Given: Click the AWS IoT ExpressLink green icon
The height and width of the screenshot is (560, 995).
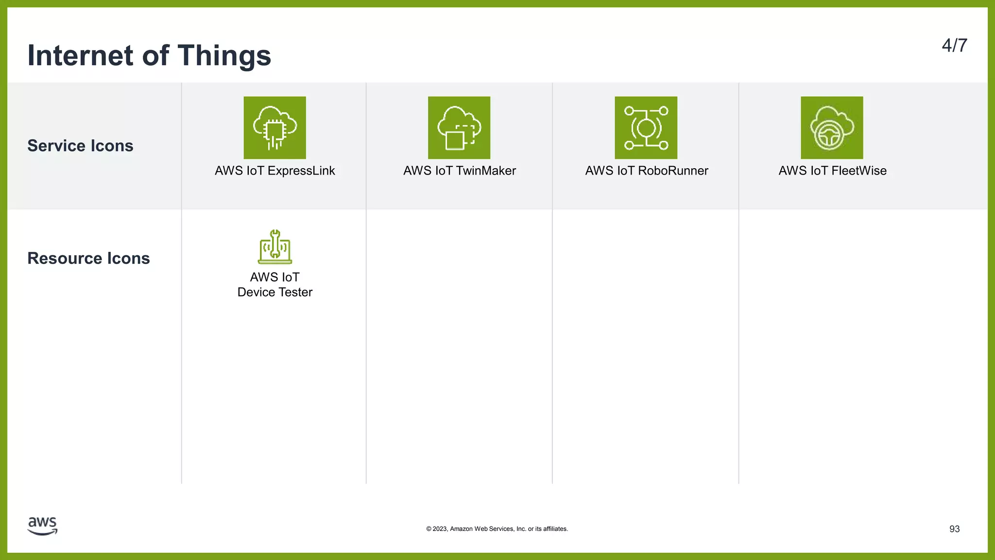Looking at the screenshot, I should [x=274, y=127].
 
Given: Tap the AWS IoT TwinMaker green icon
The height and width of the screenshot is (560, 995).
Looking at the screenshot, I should [x=459, y=127].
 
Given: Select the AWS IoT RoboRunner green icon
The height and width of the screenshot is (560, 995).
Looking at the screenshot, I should [x=646, y=127].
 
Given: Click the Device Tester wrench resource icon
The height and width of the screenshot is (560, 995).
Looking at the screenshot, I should [x=274, y=247].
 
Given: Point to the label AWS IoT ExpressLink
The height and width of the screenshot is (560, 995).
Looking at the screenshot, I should [x=274, y=171].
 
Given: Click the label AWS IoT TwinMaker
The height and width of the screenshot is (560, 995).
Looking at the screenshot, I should [x=459, y=171].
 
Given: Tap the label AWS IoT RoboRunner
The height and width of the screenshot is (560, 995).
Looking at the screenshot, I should [x=646, y=171].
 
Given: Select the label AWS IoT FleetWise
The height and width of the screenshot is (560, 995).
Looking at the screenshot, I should [x=832, y=171].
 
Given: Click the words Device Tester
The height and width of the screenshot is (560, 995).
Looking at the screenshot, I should [x=274, y=292].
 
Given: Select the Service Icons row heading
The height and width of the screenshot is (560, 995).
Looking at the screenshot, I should [x=80, y=146].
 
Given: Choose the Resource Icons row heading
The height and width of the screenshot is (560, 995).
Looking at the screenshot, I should [x=88, y=258].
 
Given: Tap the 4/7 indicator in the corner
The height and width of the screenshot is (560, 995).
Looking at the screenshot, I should [x=954, y=46].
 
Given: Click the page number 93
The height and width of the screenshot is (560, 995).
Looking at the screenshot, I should [x=954, y=529].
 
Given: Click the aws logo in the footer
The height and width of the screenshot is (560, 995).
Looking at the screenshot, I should [x=42, y=526].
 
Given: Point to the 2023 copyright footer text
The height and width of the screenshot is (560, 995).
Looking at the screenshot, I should [x=497, y=529].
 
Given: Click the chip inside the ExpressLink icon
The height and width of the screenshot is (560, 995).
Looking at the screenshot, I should [x=274, y=129].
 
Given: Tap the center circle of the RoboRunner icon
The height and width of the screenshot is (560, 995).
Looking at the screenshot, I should [x=646, y=128].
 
